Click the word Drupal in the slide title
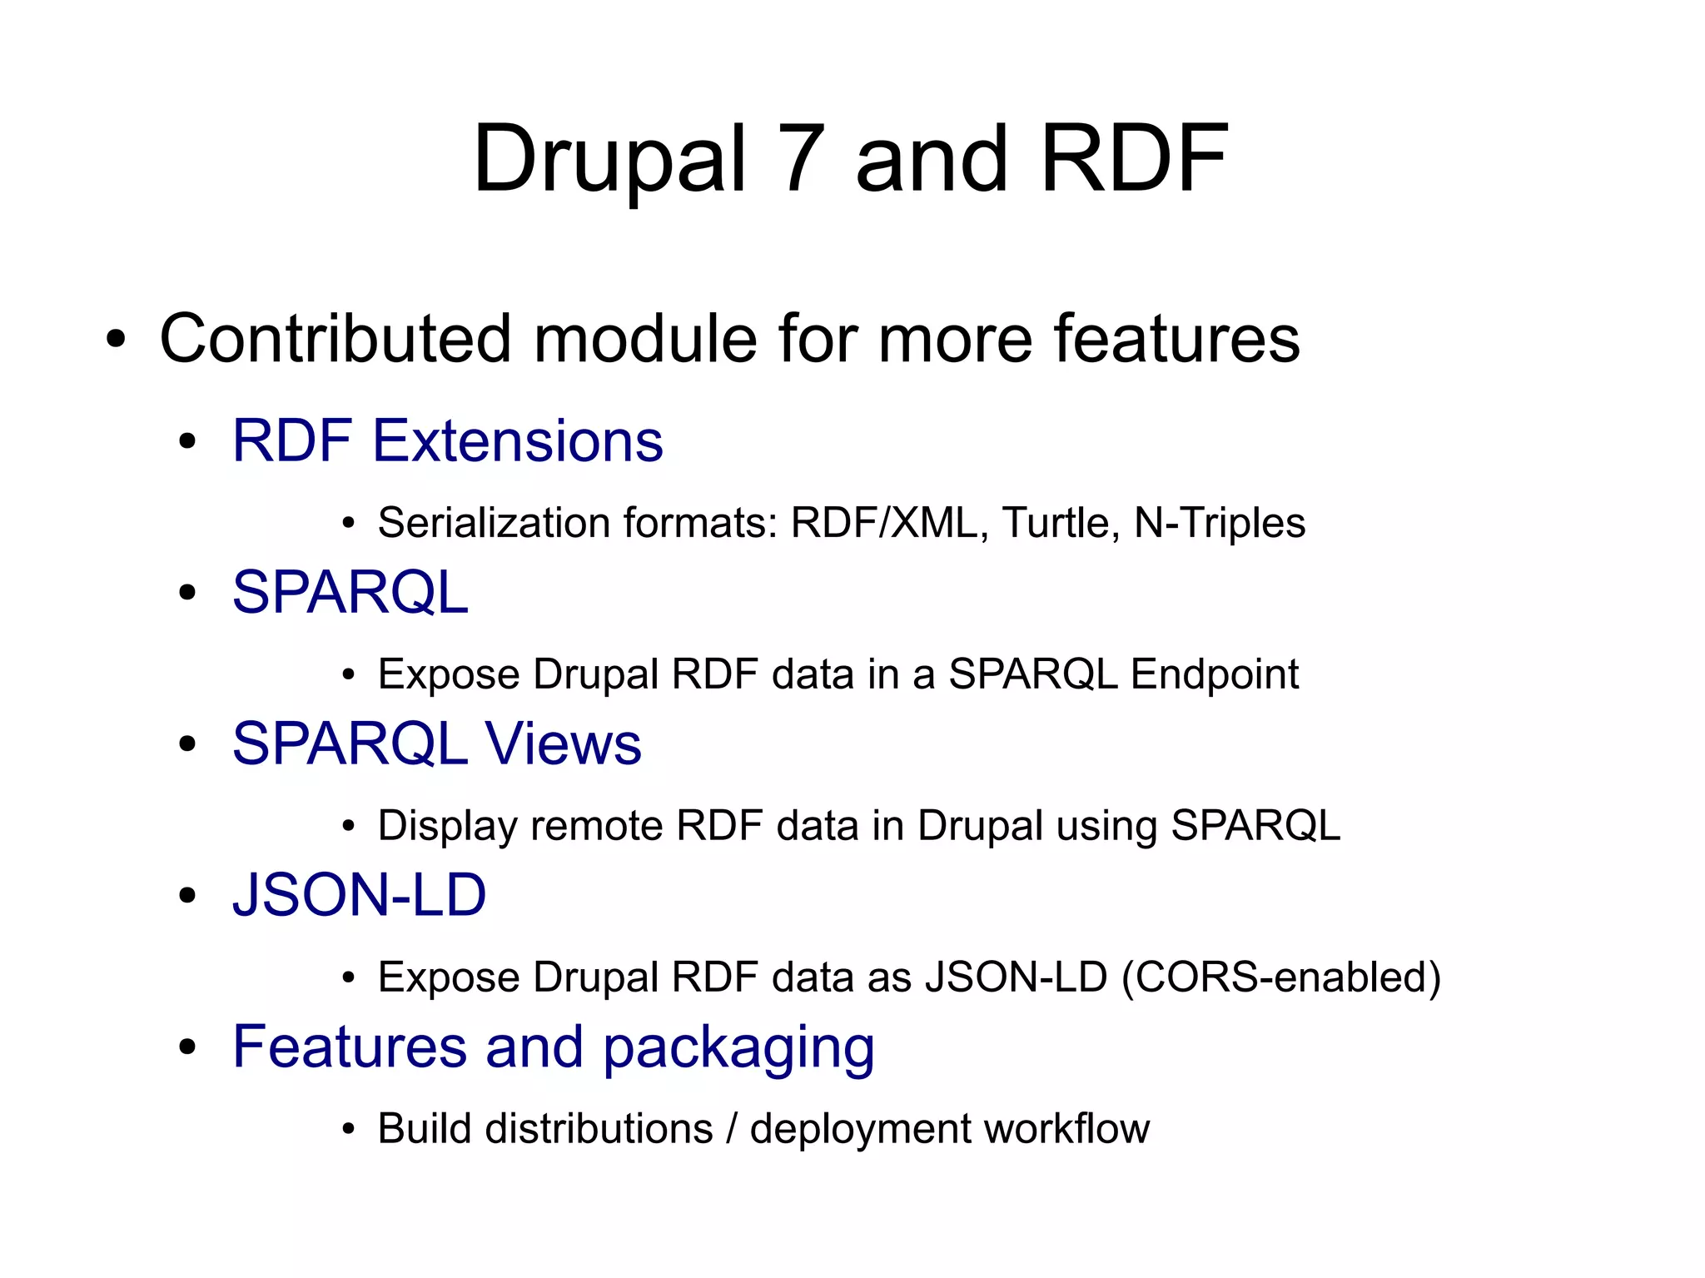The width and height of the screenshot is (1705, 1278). pyautogui.click(x=609, y=158)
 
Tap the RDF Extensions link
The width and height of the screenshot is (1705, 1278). pyautogui.click(x=447, y=440)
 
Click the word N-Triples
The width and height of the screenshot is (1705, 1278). pyautogui.click(x=1220, y=523)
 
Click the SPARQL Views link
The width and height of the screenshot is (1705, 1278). pyautogui.click(x=436, y=743)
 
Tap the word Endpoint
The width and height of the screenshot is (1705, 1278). pyautogui.click(x=1215, y=674)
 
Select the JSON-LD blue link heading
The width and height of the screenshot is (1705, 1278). pyautogui.click(x=359, y=896)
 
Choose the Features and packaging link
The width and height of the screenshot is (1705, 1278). pyautogui.click(x=553, y=1047)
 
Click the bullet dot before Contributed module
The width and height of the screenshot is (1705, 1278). pyautogui.click(x=116, y=340)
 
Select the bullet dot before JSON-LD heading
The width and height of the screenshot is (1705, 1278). pyautogui.click(x=187, y=897)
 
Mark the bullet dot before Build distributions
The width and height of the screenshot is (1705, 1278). pyautogui.click(x=349, y=1131)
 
